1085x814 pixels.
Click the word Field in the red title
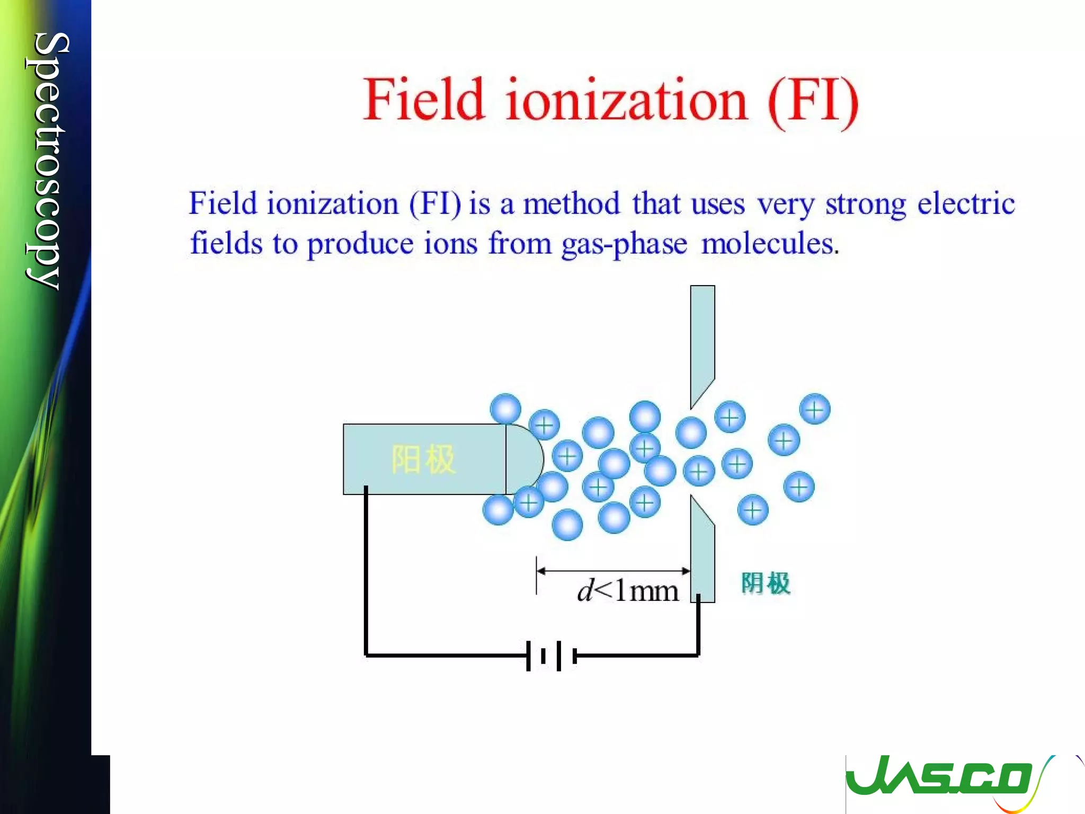[424, 100]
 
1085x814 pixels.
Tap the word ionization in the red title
[626, 100]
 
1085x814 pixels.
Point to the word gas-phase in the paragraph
[624, 245]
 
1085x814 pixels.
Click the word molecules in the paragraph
[769, 244]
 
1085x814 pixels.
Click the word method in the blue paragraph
[571, 204]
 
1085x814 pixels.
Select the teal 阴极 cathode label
[766, 583]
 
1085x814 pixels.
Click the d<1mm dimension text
[627, 590]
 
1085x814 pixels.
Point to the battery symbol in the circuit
[551, 656]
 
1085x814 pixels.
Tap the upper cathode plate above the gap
[702, 339]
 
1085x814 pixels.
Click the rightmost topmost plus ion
[814, 409]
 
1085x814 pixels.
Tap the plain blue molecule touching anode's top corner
[505, 409]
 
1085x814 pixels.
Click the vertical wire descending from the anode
[366, 572]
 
